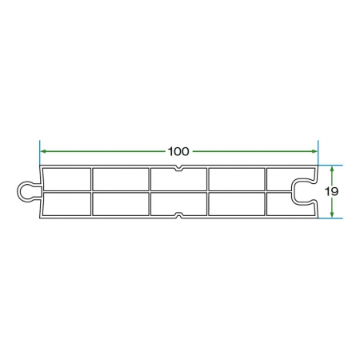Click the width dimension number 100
pos(178,151)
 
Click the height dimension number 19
pos(331,191)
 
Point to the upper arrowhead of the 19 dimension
pos(332,169)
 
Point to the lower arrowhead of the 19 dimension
pos(332,214)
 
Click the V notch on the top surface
pos(178,168)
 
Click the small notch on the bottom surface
pos(178,215)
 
